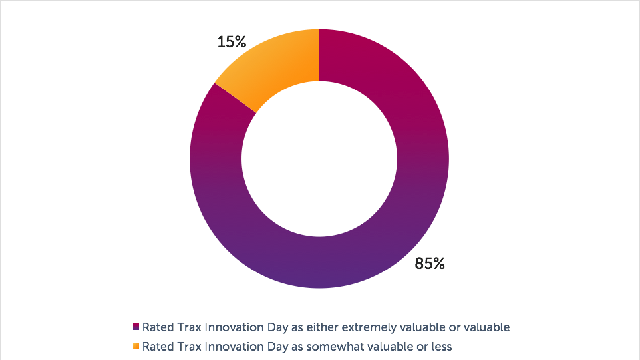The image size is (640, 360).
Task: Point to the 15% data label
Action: [x=232, y=42]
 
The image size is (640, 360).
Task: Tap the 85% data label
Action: [x=429, y=264]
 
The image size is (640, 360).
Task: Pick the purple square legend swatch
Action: [x=136, y=327]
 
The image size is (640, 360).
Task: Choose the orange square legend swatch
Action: [x=136, y=346]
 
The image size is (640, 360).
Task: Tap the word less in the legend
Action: [x=442, y=346]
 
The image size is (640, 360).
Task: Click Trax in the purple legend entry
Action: [x=188, y=327]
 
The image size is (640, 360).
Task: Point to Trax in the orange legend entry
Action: [x=188, y=346]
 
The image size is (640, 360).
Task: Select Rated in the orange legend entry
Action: [x=157, y=346]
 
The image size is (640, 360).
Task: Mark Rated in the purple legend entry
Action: [x=157, y=327]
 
